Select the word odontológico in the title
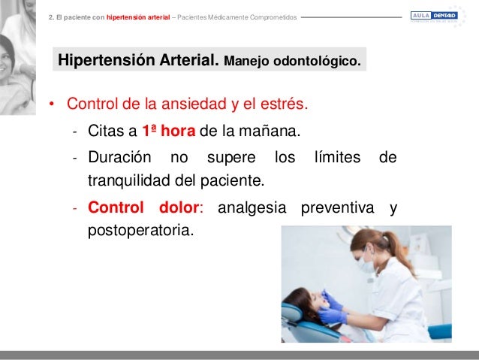[x=317, y=61]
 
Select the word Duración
[x=119, y=159]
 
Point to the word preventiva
[x=337, y=207]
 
